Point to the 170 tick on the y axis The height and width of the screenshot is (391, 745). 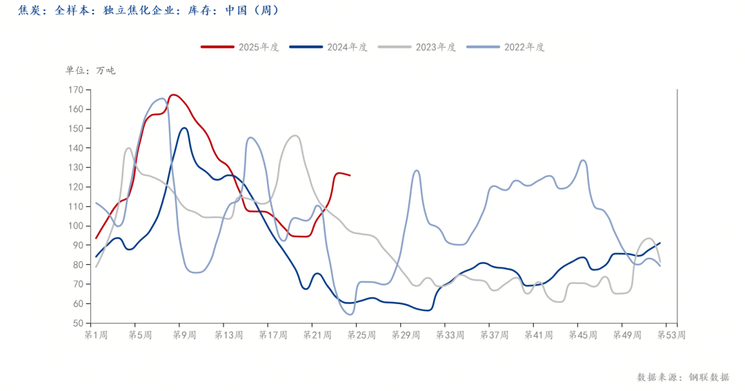click(75, 90)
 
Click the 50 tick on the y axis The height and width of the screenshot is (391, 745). click(77, 323)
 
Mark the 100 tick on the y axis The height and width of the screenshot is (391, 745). click(75, 226)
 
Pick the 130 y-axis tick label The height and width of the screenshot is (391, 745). click(75, 168)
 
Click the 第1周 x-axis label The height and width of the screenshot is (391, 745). click(96, 335)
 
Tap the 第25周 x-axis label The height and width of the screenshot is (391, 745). click(361, 335)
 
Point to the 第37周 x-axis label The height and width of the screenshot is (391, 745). click(494, 335)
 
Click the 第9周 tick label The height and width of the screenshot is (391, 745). click(184, 335)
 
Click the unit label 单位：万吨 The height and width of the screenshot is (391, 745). click(90, 70)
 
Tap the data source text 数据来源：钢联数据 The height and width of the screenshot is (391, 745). click(682, 377)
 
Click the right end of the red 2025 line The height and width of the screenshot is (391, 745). click(350, 176)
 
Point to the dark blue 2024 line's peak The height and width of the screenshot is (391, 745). click(184, 128)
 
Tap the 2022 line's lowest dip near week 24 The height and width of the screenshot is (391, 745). click(350, 314)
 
